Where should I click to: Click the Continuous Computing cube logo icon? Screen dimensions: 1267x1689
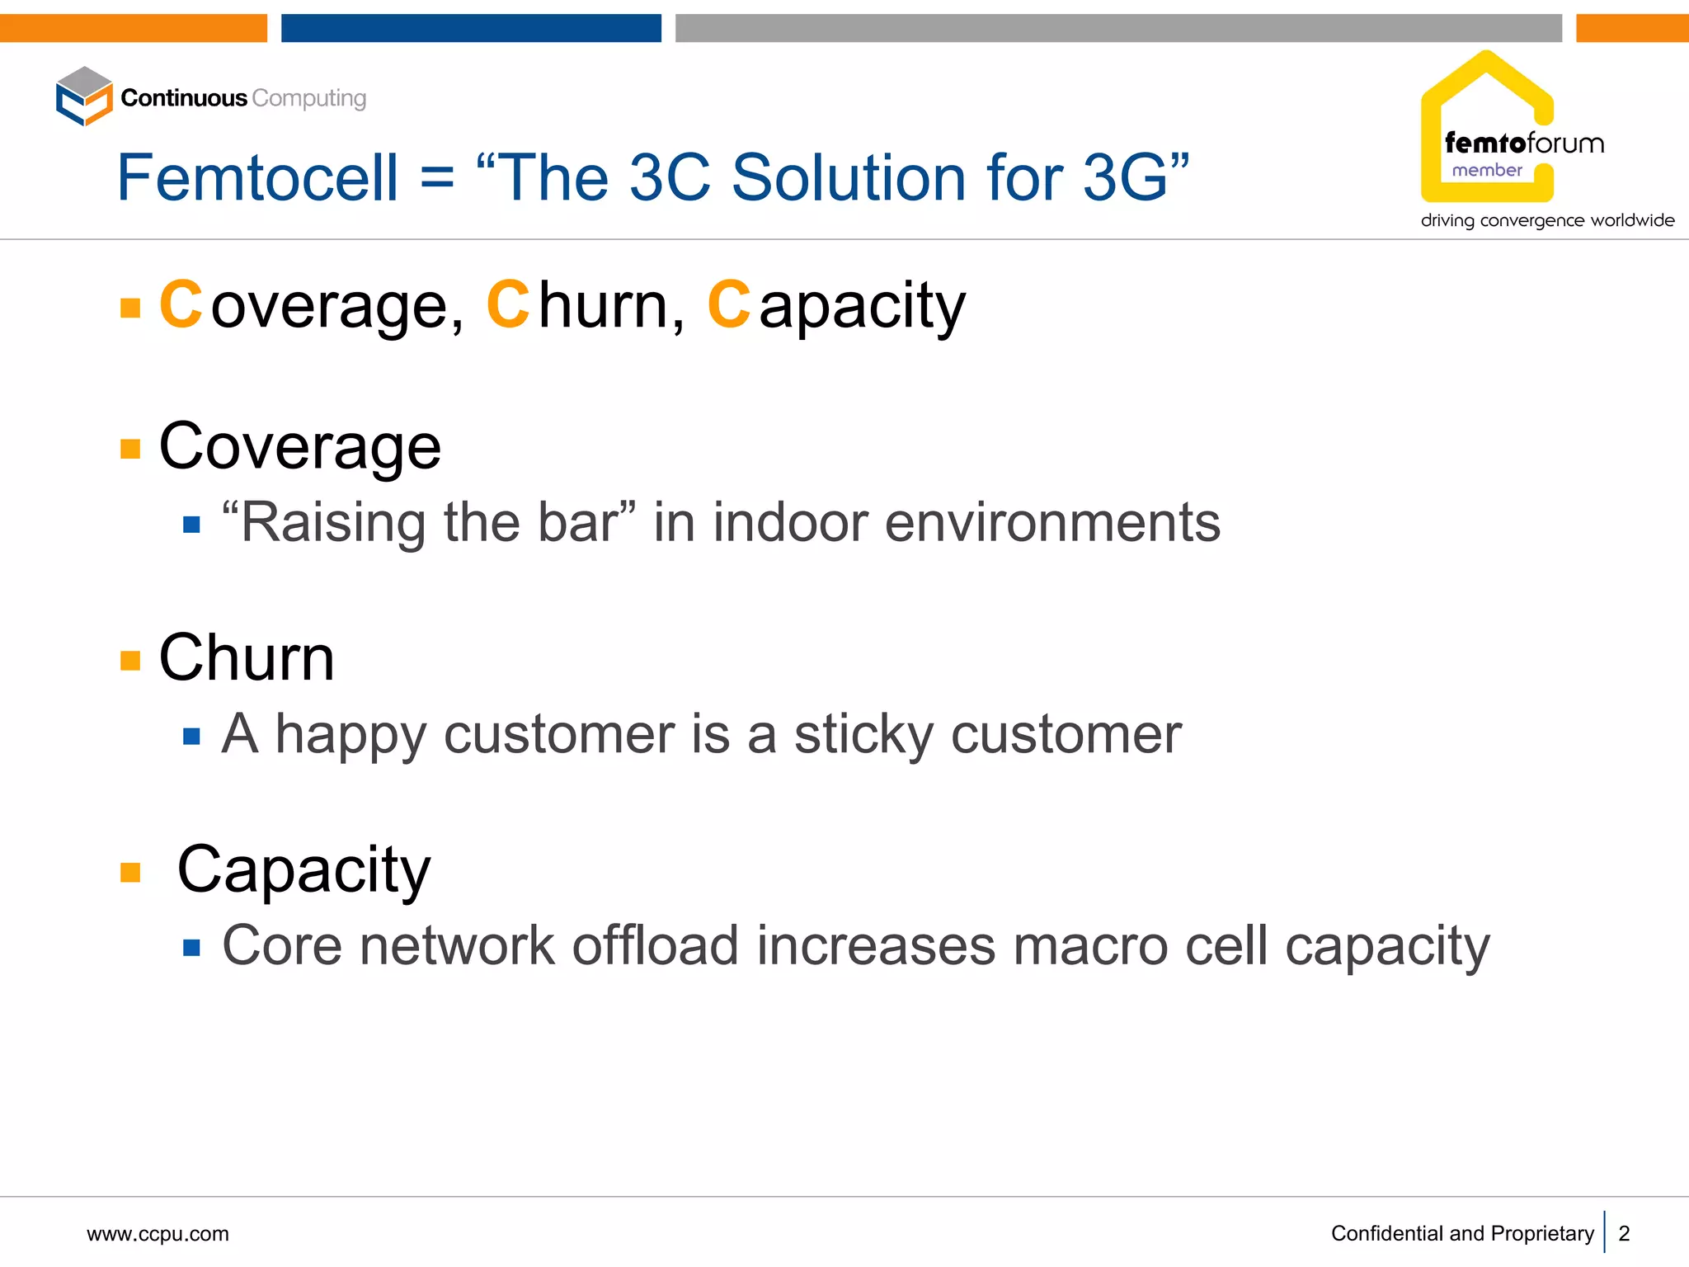tap(84, 97)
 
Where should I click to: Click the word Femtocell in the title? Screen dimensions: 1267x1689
tap(257, 178)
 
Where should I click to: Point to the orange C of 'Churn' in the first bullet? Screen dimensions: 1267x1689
tap(507, 305)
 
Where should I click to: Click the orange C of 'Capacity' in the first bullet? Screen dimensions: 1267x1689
tap(728, 305)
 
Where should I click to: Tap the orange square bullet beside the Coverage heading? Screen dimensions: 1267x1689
tap(130, 448)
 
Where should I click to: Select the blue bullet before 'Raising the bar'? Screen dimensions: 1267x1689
tap(191, 525)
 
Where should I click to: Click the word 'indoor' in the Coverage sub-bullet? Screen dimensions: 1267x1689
tap(790, 523)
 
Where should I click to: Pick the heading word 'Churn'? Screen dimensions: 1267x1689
tap(247, 658)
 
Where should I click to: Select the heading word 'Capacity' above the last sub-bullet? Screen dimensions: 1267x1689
tap(303, 870)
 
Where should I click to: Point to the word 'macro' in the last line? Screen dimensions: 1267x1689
tap(1090, 947)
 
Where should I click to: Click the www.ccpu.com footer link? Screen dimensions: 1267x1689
tap(158, 1234)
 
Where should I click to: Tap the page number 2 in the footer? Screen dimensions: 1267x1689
tap(1624, 1234)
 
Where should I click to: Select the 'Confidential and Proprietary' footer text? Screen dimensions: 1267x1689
tap(1461, 1234)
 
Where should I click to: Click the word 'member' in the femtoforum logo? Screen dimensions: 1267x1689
tap(1486, 171)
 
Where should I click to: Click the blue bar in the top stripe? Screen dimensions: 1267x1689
tap(471, 28)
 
